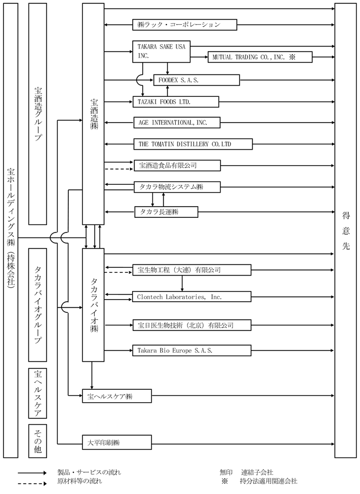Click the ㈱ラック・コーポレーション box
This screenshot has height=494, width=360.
[185, 25]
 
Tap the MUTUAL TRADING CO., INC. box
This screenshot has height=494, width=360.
[259, 57]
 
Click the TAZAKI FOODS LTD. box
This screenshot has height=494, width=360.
[175, 101]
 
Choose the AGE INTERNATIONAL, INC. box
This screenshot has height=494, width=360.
[177, 122]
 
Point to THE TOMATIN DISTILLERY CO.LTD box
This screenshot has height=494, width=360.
[190, 144]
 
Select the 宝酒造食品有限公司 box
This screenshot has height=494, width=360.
[177, 166]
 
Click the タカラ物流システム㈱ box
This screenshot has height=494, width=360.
[177, 187]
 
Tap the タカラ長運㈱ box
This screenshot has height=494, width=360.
[166, 211]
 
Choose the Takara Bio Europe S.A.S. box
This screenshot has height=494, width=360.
[191, 351]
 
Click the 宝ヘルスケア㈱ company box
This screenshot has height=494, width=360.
[117, 397]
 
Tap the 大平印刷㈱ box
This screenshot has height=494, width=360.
[117, 442]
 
